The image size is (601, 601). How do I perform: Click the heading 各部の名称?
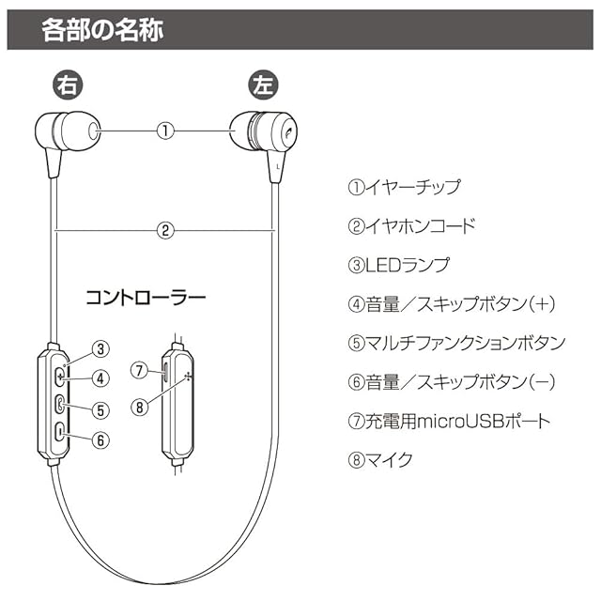pos(102,30)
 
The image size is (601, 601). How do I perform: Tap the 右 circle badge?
pos(67,85)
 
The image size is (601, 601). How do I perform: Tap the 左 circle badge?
pos(264,85)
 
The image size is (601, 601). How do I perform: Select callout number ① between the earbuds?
pos(165,131)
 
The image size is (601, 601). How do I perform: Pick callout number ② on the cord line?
pos(165,228)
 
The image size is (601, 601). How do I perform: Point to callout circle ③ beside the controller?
pos(101,350)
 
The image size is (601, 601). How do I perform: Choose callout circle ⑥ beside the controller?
pos(101,439)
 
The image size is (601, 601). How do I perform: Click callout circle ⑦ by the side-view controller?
pos(139,370)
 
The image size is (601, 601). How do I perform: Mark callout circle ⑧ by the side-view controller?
pos(139,407)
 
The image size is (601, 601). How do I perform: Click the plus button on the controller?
pos(59,376)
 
